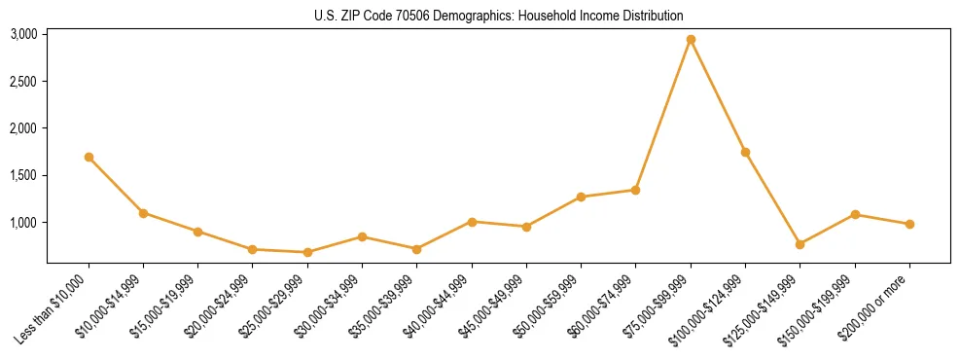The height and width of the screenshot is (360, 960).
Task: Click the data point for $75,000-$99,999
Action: coord(691,40)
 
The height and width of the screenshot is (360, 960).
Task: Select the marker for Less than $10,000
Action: coord(89,157)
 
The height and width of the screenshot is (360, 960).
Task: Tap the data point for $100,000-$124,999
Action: coord(745,152)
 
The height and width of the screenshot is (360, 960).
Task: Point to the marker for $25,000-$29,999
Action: coord(307,252)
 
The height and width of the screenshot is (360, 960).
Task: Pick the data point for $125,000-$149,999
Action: coord(800,244)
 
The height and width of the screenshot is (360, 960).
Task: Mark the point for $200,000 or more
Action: coord(909,224)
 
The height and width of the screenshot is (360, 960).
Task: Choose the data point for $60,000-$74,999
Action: coord(635,190)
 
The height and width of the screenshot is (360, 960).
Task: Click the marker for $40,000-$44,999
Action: coord(472,222)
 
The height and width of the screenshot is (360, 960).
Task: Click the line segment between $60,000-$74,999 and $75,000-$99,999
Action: coord(663,115)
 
